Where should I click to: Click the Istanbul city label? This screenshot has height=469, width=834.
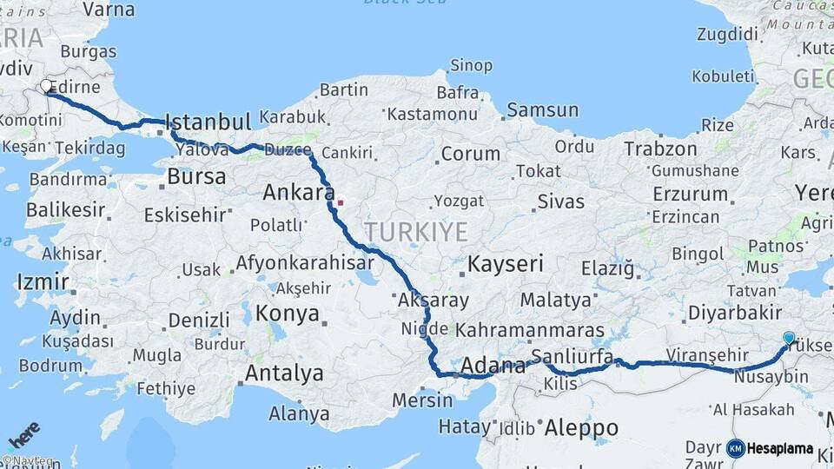208,121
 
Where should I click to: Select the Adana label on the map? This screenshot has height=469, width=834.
493,366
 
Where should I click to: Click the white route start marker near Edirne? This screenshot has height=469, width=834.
46,86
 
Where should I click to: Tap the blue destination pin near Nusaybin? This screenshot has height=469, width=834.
789,338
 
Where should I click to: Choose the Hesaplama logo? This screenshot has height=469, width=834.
771,448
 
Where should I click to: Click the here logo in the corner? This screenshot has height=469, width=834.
24,432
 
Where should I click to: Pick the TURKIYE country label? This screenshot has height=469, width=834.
415,232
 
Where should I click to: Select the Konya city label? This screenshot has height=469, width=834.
287,314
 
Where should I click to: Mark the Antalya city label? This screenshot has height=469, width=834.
284,373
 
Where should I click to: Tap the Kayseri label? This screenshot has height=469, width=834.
505,263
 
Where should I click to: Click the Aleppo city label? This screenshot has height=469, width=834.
581,427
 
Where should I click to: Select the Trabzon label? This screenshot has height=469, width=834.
660,149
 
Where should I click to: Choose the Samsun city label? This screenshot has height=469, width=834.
542,109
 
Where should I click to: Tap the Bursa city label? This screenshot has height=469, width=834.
195,176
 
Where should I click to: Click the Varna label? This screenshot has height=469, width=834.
109,10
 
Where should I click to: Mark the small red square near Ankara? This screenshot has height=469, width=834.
341,202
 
